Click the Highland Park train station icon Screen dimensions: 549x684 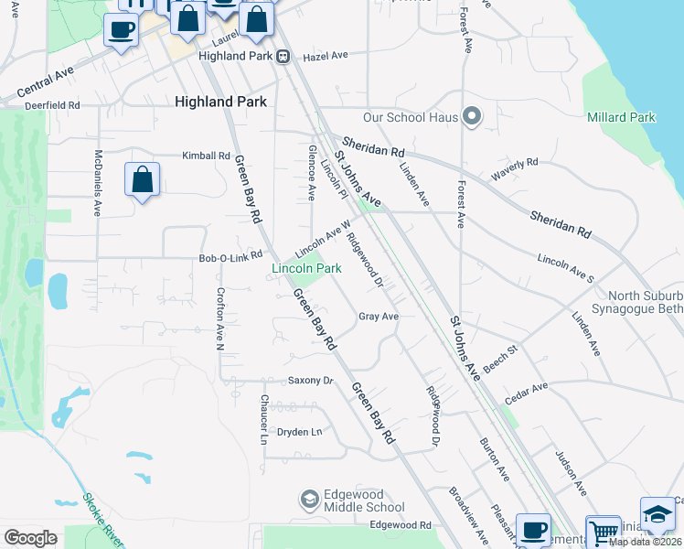(283, 56)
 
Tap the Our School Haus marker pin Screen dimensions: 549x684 (472, 116)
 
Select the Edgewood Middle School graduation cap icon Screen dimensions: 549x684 (309, 500)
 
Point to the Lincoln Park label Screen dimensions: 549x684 (306, 268)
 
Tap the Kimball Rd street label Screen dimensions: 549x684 (206, 156)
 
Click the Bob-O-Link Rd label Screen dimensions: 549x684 (230, 257)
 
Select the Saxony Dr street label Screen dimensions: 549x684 (311, 380)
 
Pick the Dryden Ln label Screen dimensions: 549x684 (300, 431)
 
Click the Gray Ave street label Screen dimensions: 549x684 (379, 316)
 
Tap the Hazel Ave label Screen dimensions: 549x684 (326, 56)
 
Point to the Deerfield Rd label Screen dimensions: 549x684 (54, 104)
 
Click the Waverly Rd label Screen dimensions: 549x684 (514, 169)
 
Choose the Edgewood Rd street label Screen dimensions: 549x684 (400, 525)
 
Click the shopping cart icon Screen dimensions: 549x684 (603, 533)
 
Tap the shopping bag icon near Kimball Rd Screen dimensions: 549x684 (142, 180)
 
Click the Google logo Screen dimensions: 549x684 (30, 538)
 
